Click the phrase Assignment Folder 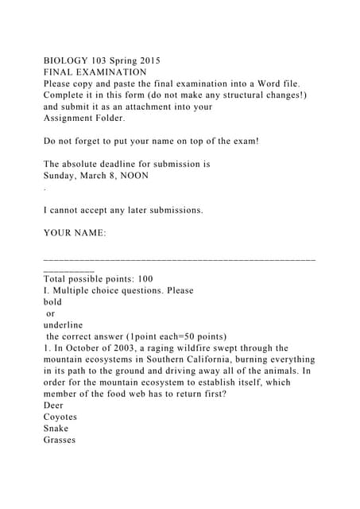[83, 118]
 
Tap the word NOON [142, 176]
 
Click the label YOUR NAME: [75, 233]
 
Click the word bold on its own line [53, 302]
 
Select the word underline [63, 324]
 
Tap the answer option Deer [54, 406]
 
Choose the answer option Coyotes [60, 417]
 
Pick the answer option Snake [56, 429]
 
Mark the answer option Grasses [60, 440]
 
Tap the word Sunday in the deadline [62, 176]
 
